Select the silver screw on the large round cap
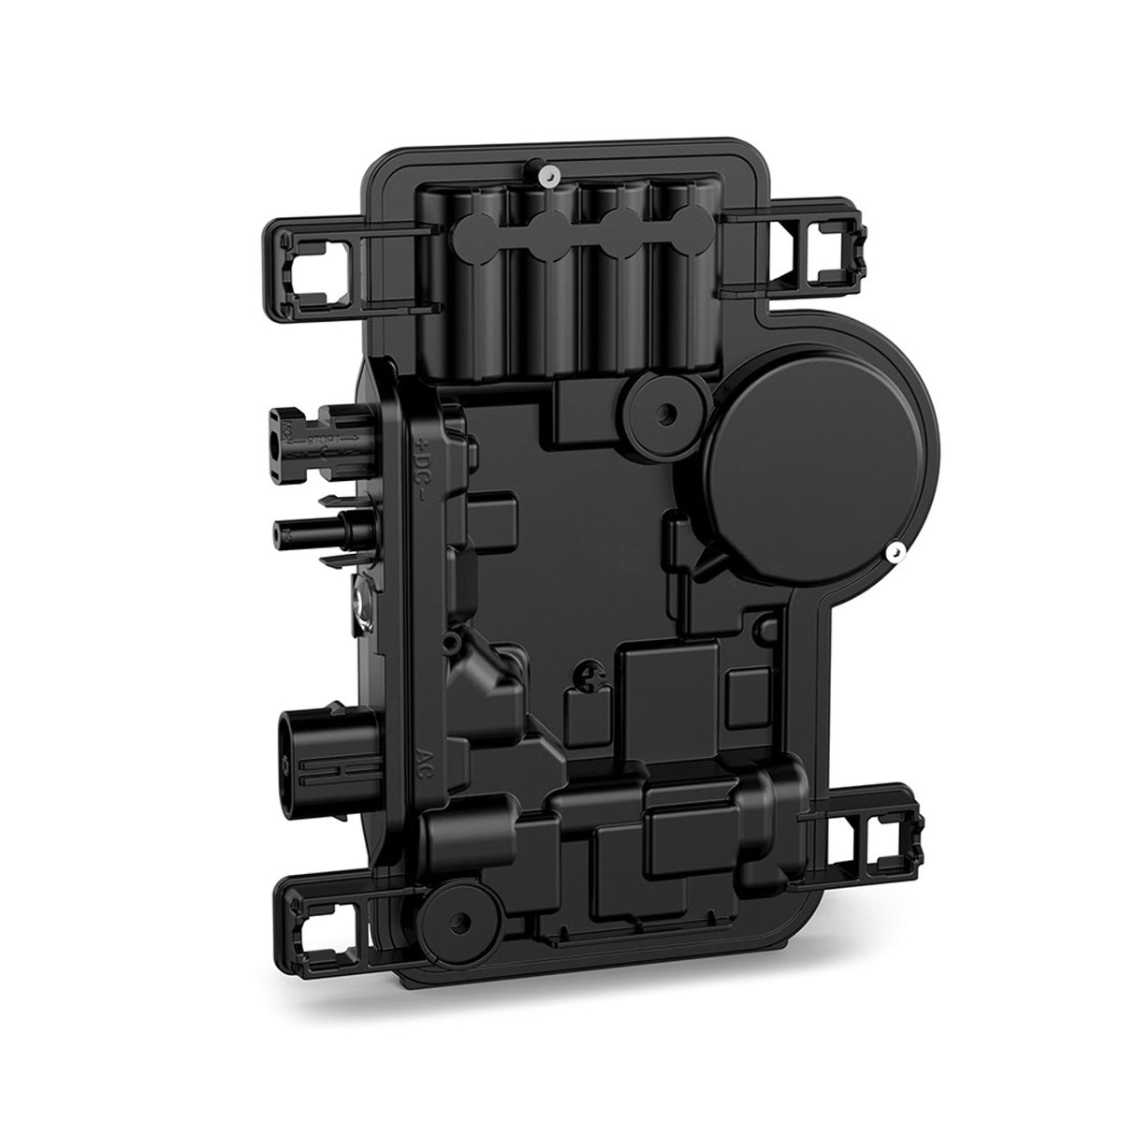click(896, 553)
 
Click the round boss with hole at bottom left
click(452, 951)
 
